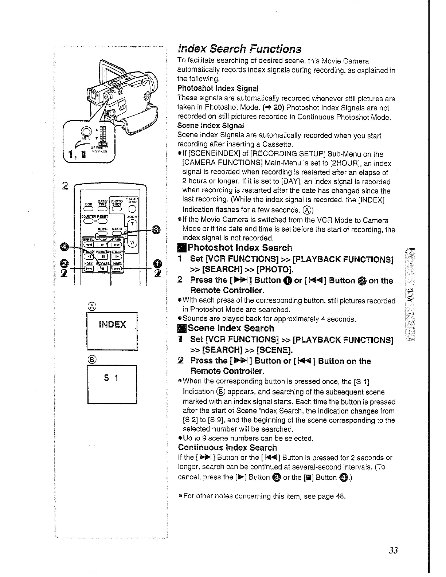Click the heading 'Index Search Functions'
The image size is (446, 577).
click(239, 49)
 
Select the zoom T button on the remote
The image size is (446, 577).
click(133, 223)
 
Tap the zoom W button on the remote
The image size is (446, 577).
click(133, 243)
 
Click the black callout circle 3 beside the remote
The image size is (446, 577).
click(156, 229)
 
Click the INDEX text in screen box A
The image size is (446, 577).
click(112, 324)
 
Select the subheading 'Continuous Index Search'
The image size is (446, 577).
click(227, 447)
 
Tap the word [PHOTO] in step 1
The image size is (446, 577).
click(271, 270)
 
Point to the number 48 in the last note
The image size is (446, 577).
click(341, 496)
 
